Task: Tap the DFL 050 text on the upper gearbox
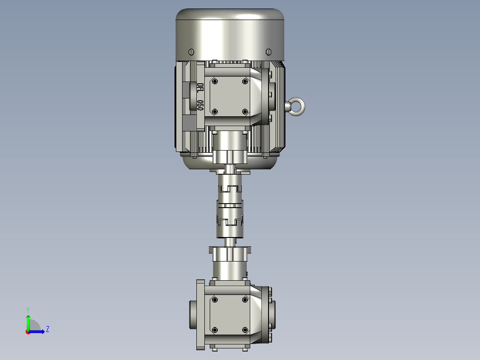click(x=200, y=97)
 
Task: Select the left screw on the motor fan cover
click(x=192, y=51)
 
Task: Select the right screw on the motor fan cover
click(x=268, y=51)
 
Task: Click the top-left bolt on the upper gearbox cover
click(x=215, y=82)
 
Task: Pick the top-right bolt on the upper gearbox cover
click(x=244, y=82)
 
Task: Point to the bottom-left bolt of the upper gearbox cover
click(x=215, y=111)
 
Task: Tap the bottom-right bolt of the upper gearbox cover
click(x=244, y=111)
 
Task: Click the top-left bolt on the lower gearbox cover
click(x=215, y=300)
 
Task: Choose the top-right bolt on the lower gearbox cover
click(x=244, y=300)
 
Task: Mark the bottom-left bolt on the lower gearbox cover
click(x=215, y=330)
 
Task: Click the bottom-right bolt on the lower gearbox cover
click(x=244, y=330)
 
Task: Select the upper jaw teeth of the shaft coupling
click(x=230, y=189)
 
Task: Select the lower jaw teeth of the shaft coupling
click(x=230, y=221)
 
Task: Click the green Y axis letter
click(x=28, y=309)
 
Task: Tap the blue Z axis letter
click(x=47, y=329)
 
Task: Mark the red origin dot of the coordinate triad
click(x=28, y=331)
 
